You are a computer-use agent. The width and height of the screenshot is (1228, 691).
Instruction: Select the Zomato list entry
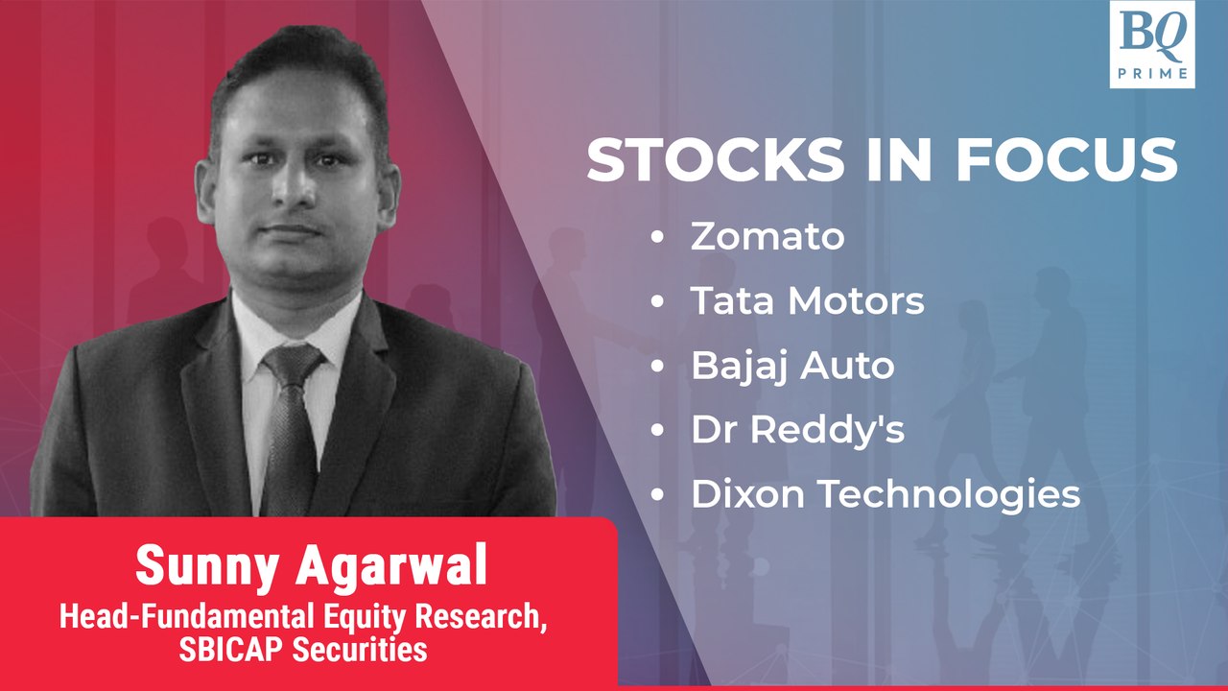pos(767,237)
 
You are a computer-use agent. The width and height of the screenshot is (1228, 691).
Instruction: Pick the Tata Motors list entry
pos(807,301)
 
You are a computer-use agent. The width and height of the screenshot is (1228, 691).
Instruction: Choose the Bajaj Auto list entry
pos(792,366)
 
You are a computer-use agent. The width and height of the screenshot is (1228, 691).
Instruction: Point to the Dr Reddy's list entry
pos(797,430)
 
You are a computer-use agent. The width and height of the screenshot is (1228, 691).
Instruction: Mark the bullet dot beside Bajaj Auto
pos(658,367)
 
